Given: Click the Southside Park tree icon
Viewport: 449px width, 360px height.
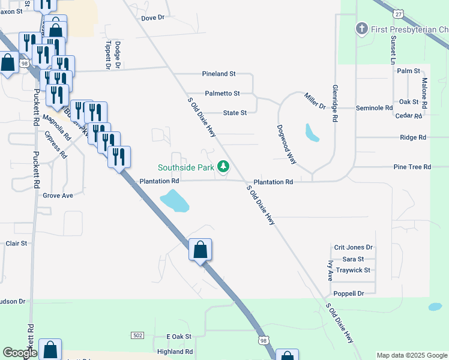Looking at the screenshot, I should tap(223, 166).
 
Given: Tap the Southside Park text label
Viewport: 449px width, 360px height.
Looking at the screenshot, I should tap(187, 167).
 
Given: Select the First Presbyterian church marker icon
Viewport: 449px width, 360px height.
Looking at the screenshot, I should tap(361, 28).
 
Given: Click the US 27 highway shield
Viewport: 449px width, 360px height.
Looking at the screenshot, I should tap(398, 13).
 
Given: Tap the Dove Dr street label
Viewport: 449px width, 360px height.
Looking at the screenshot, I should tap(152, 18).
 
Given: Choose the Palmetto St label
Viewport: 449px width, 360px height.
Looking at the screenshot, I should tap(222, 94).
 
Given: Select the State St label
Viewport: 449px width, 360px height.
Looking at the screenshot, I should tap(235, 113).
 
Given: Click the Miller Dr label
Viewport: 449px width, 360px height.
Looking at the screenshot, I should tap(314, 101).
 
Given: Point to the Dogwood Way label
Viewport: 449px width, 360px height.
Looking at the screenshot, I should tap(286, 145).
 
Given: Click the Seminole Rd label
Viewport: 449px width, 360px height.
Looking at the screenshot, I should tap(374, 108).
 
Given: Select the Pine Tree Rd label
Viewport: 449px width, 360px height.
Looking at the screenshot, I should tap(412, 167).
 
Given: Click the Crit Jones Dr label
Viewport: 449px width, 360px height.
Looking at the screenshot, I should tap(354, 247).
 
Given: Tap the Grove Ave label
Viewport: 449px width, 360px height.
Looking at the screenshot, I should tap(58, 196).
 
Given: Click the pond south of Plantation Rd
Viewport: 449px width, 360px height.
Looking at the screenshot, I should tap(175, 200).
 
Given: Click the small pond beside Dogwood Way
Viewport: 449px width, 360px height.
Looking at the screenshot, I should tap(312, 133).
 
